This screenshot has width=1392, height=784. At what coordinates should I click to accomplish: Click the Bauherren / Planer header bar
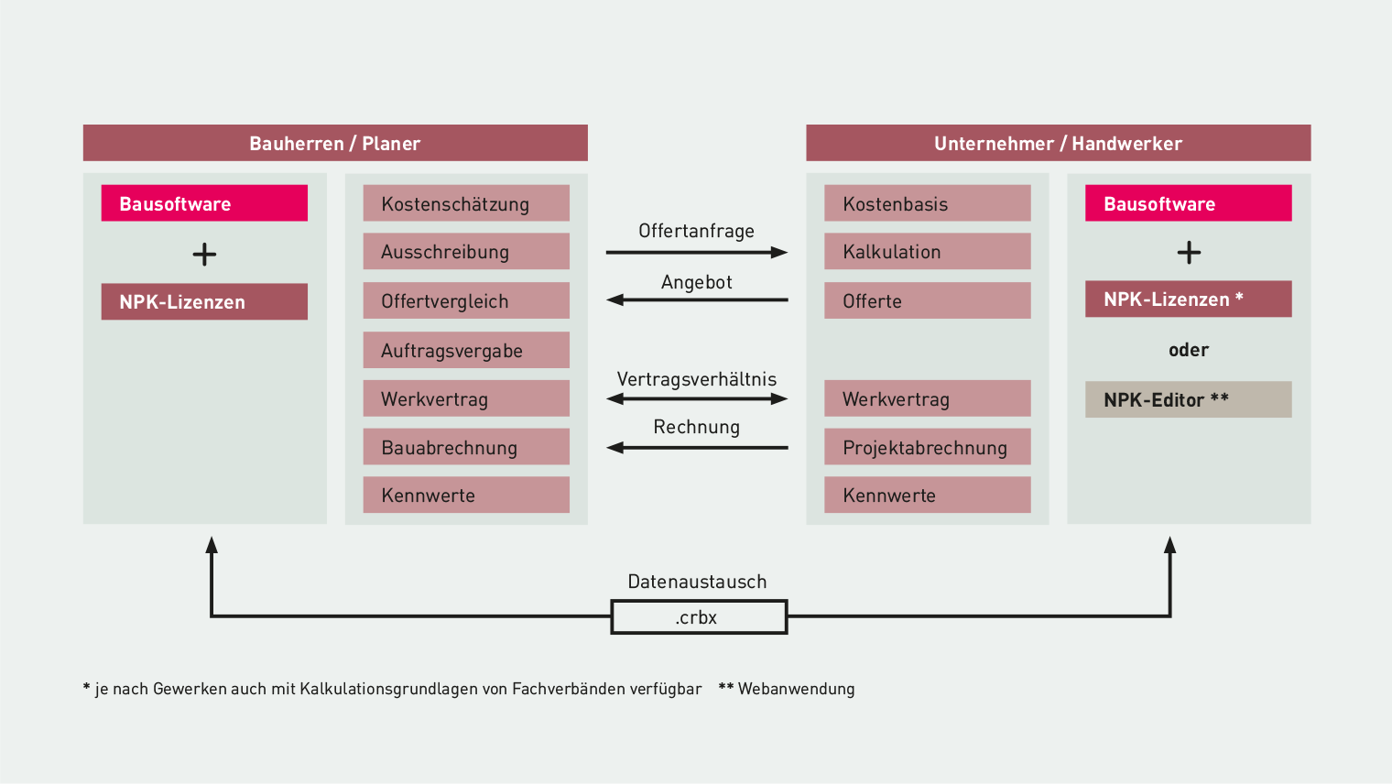(335, 143)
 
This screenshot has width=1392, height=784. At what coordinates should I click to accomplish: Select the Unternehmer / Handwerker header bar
(1059, 143)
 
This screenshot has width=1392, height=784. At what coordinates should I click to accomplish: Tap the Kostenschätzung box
(466, 203)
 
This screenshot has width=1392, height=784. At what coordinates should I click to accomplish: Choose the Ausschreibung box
(466, 251)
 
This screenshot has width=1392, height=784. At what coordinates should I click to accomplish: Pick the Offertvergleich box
(466, 300)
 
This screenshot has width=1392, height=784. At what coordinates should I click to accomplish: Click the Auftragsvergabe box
(466, 350)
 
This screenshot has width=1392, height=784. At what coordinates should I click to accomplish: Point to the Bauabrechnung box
(466, 446)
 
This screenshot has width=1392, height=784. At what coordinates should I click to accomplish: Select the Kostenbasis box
(927, 203)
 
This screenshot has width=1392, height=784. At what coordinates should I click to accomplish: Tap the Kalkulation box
(927, 251)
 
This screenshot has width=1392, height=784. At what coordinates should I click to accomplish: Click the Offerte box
(927, 300)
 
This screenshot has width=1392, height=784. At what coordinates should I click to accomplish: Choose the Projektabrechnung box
(927, 446)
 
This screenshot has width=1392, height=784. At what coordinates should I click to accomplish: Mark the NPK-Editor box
(1188, 399)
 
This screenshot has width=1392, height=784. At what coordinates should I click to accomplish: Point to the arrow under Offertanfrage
(697, 253)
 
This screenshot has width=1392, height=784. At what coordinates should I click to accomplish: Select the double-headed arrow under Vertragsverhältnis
(697, 398)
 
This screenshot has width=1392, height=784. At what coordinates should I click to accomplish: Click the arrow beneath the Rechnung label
(697, 447)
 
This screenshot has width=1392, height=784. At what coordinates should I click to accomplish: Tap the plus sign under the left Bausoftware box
(204, 255)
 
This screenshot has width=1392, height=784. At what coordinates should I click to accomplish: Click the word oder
(1188, 350)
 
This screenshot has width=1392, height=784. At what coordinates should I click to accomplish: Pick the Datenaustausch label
(697, 582)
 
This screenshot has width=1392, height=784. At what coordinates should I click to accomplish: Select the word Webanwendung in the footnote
(796, 689)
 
